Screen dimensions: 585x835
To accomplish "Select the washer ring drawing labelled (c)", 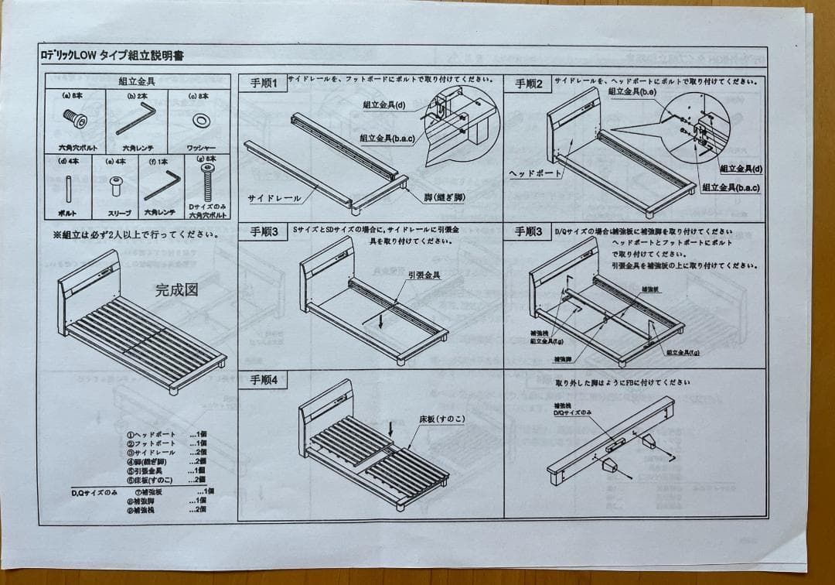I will click(199, 121).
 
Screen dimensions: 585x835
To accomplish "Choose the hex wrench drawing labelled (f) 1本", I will click(162, 185).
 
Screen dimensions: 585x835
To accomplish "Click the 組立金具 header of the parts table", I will click(138, 80).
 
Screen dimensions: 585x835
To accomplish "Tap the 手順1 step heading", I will click(263, 83).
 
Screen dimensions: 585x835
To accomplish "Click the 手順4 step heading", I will click(264, 381).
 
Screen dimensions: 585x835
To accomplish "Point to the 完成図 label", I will click(176, 290).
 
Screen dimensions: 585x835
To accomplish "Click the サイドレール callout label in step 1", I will click(274, 198).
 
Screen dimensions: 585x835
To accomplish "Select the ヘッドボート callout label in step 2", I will click(535, 173).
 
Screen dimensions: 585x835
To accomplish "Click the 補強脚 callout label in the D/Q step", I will click(563, 359).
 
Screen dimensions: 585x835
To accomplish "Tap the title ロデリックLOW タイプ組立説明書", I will click(112, 55).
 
